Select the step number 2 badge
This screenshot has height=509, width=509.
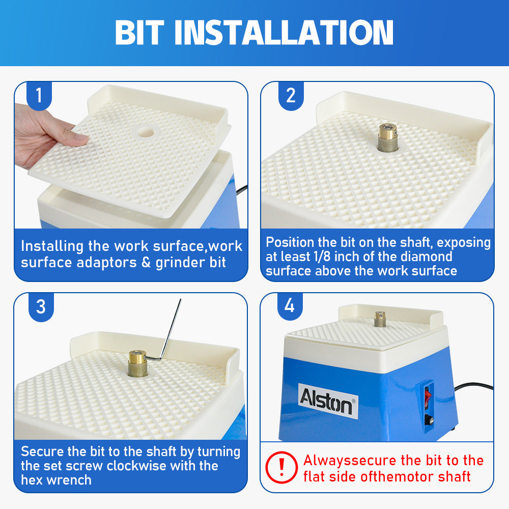291,95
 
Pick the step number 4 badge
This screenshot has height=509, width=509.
289,305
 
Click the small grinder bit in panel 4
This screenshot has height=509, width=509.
379,319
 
